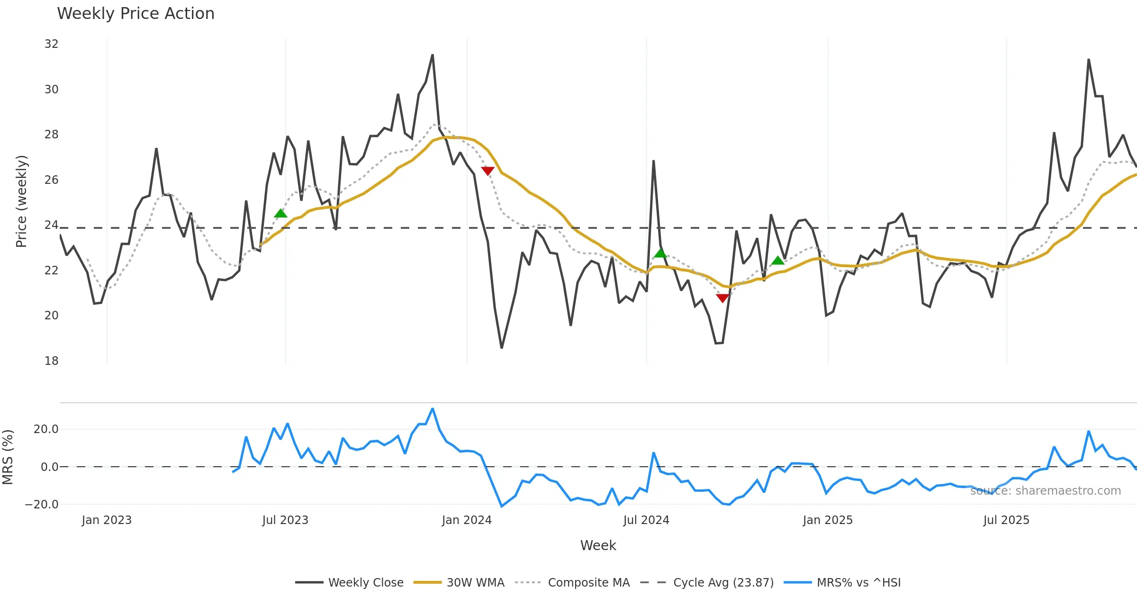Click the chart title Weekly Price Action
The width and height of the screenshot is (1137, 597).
point(135,14)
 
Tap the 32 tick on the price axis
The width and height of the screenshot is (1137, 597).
point(51,44)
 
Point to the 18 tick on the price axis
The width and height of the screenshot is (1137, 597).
point(51,361)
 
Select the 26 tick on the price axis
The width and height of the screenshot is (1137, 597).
point(51,180)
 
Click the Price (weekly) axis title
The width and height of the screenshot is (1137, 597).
point(21,201)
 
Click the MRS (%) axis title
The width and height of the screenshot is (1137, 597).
point(8,457)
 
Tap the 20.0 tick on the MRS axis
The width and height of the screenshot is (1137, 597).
point(46,429)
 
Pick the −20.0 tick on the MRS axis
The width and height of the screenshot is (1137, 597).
point(42,505)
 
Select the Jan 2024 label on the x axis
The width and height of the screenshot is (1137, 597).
point(467,520)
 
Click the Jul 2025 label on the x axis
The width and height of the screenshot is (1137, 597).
point(1006,520)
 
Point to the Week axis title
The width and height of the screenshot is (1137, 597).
point(598,546)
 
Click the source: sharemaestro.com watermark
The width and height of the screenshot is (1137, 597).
point(1045,491)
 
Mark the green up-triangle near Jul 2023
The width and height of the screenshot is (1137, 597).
point(280,213)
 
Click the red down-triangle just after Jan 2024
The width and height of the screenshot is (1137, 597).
point(487,171)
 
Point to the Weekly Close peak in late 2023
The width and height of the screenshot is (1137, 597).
point(433,55)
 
